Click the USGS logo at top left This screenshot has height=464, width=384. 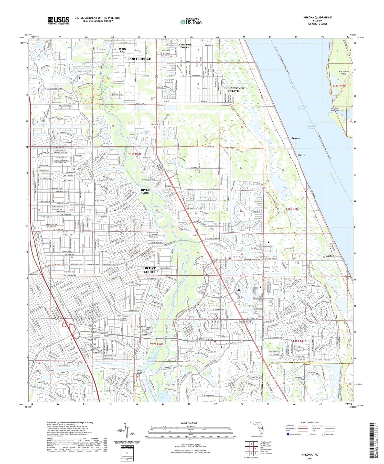click(58, 20)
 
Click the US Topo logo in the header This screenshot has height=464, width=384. click(191, 22)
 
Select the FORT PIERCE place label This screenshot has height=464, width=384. click(140, 59)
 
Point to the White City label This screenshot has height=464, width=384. click(123, 50)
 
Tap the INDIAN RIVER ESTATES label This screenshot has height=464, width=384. click(234, 89)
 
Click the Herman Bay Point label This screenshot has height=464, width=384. click(335, 109)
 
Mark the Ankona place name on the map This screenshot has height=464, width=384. click(296, 138)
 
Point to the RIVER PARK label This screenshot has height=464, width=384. click(145, 191)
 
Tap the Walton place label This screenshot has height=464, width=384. click(330, 256)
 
